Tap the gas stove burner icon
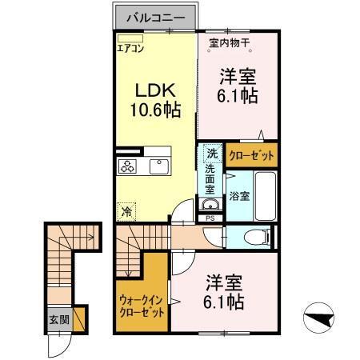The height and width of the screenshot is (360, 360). (x=127, y=166)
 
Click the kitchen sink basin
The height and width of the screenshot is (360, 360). (x=157, y=166)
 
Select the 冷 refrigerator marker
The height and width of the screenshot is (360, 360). (x=126, y=212)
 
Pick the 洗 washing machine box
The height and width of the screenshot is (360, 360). (x=211, y=153)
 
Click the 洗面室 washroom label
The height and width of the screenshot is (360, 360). (x=210, y=180)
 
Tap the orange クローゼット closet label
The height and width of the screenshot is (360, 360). (x=252, y=154)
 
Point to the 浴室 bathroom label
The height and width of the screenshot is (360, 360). (x=239, y=194)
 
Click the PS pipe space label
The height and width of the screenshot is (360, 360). (x=210, y=217)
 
